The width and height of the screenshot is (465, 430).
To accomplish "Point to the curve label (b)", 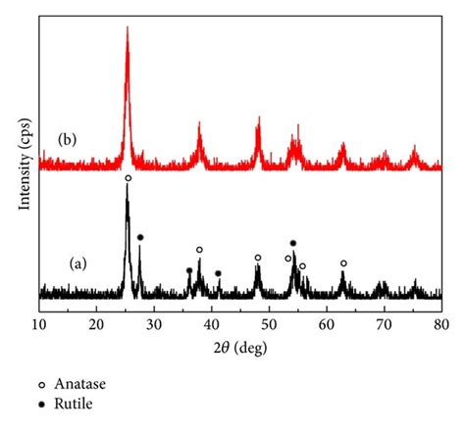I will (69, 138).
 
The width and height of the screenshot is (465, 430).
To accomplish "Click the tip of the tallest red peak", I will (127, 27).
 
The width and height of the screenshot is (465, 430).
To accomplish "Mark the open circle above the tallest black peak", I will (128, 178).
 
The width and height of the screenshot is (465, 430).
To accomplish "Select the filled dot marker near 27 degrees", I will (140, 237).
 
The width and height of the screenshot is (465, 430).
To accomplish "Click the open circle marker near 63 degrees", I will (343, 263).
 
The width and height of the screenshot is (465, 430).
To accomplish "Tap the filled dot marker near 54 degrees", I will (292, 242).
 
